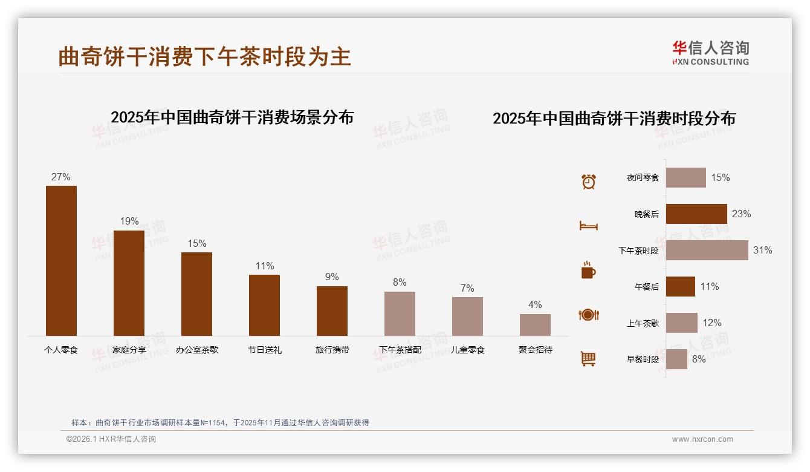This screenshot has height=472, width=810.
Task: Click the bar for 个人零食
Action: (61, 260)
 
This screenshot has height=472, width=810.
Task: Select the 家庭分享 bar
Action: (129, 283)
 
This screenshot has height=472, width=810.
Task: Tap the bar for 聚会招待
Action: (535, 324)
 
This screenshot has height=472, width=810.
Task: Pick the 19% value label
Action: (129, 221)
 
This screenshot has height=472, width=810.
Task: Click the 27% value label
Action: (61, 177)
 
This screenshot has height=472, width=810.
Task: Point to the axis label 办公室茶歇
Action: (196, 350)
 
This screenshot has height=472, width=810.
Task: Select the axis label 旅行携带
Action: (332, 350)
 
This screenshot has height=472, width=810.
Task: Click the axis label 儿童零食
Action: (467, 350)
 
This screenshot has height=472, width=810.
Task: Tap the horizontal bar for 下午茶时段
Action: (707, 250)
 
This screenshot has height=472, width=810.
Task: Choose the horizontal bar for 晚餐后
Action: (696, 214)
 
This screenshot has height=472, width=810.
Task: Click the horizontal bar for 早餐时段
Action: (676, 359)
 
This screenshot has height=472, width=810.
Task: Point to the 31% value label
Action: (762, 250)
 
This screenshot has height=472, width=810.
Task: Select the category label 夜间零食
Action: (643, 178)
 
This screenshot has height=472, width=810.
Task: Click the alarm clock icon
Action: (588, 182)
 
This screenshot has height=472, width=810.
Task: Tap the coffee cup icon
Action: (588, 270)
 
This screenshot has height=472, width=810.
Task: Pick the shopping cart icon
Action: (588, 359)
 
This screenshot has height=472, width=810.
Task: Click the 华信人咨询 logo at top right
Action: (710, 53)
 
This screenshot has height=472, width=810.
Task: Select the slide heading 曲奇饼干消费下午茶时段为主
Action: (204, 57)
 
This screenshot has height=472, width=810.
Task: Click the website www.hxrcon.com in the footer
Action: (702, 439)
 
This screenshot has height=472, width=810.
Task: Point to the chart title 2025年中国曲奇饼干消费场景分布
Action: (232, 117)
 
